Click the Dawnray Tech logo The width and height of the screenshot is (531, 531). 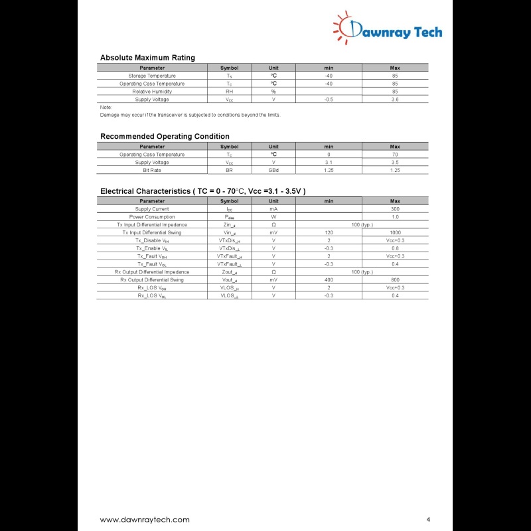(x=388, y=29)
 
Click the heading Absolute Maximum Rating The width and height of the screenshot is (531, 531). (x=147, y=58)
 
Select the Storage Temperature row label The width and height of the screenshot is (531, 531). (x=152, y=76)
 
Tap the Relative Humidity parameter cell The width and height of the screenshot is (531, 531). (x=152, y=92)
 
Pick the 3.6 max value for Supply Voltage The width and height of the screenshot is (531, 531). (x=395, y=100)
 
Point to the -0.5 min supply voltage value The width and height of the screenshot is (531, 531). (x=329, y=100)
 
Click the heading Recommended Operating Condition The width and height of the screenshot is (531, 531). (x=165, y=137)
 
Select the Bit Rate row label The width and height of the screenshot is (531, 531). (x=152, y=171)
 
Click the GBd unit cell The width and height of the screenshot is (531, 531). (x=273, y=171)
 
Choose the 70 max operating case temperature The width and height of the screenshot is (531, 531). (x=395, y=155)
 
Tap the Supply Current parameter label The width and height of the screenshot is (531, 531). (x=152, y=209)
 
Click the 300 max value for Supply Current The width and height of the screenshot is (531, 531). (x=395, y=209)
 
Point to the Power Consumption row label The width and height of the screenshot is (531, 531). (x=152, y=217)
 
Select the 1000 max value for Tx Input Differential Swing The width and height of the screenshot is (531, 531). (x=395, y=233)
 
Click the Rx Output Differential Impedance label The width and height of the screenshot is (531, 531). (x=152, y=272)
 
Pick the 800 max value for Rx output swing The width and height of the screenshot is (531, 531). (x=395, y=280)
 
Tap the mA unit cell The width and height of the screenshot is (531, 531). (x=273, y=209)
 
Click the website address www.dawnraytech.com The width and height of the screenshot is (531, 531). (x=145, y=520)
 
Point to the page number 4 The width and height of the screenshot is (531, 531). (x=429, y=519)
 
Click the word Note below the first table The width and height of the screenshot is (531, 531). (x=106, y=108)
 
